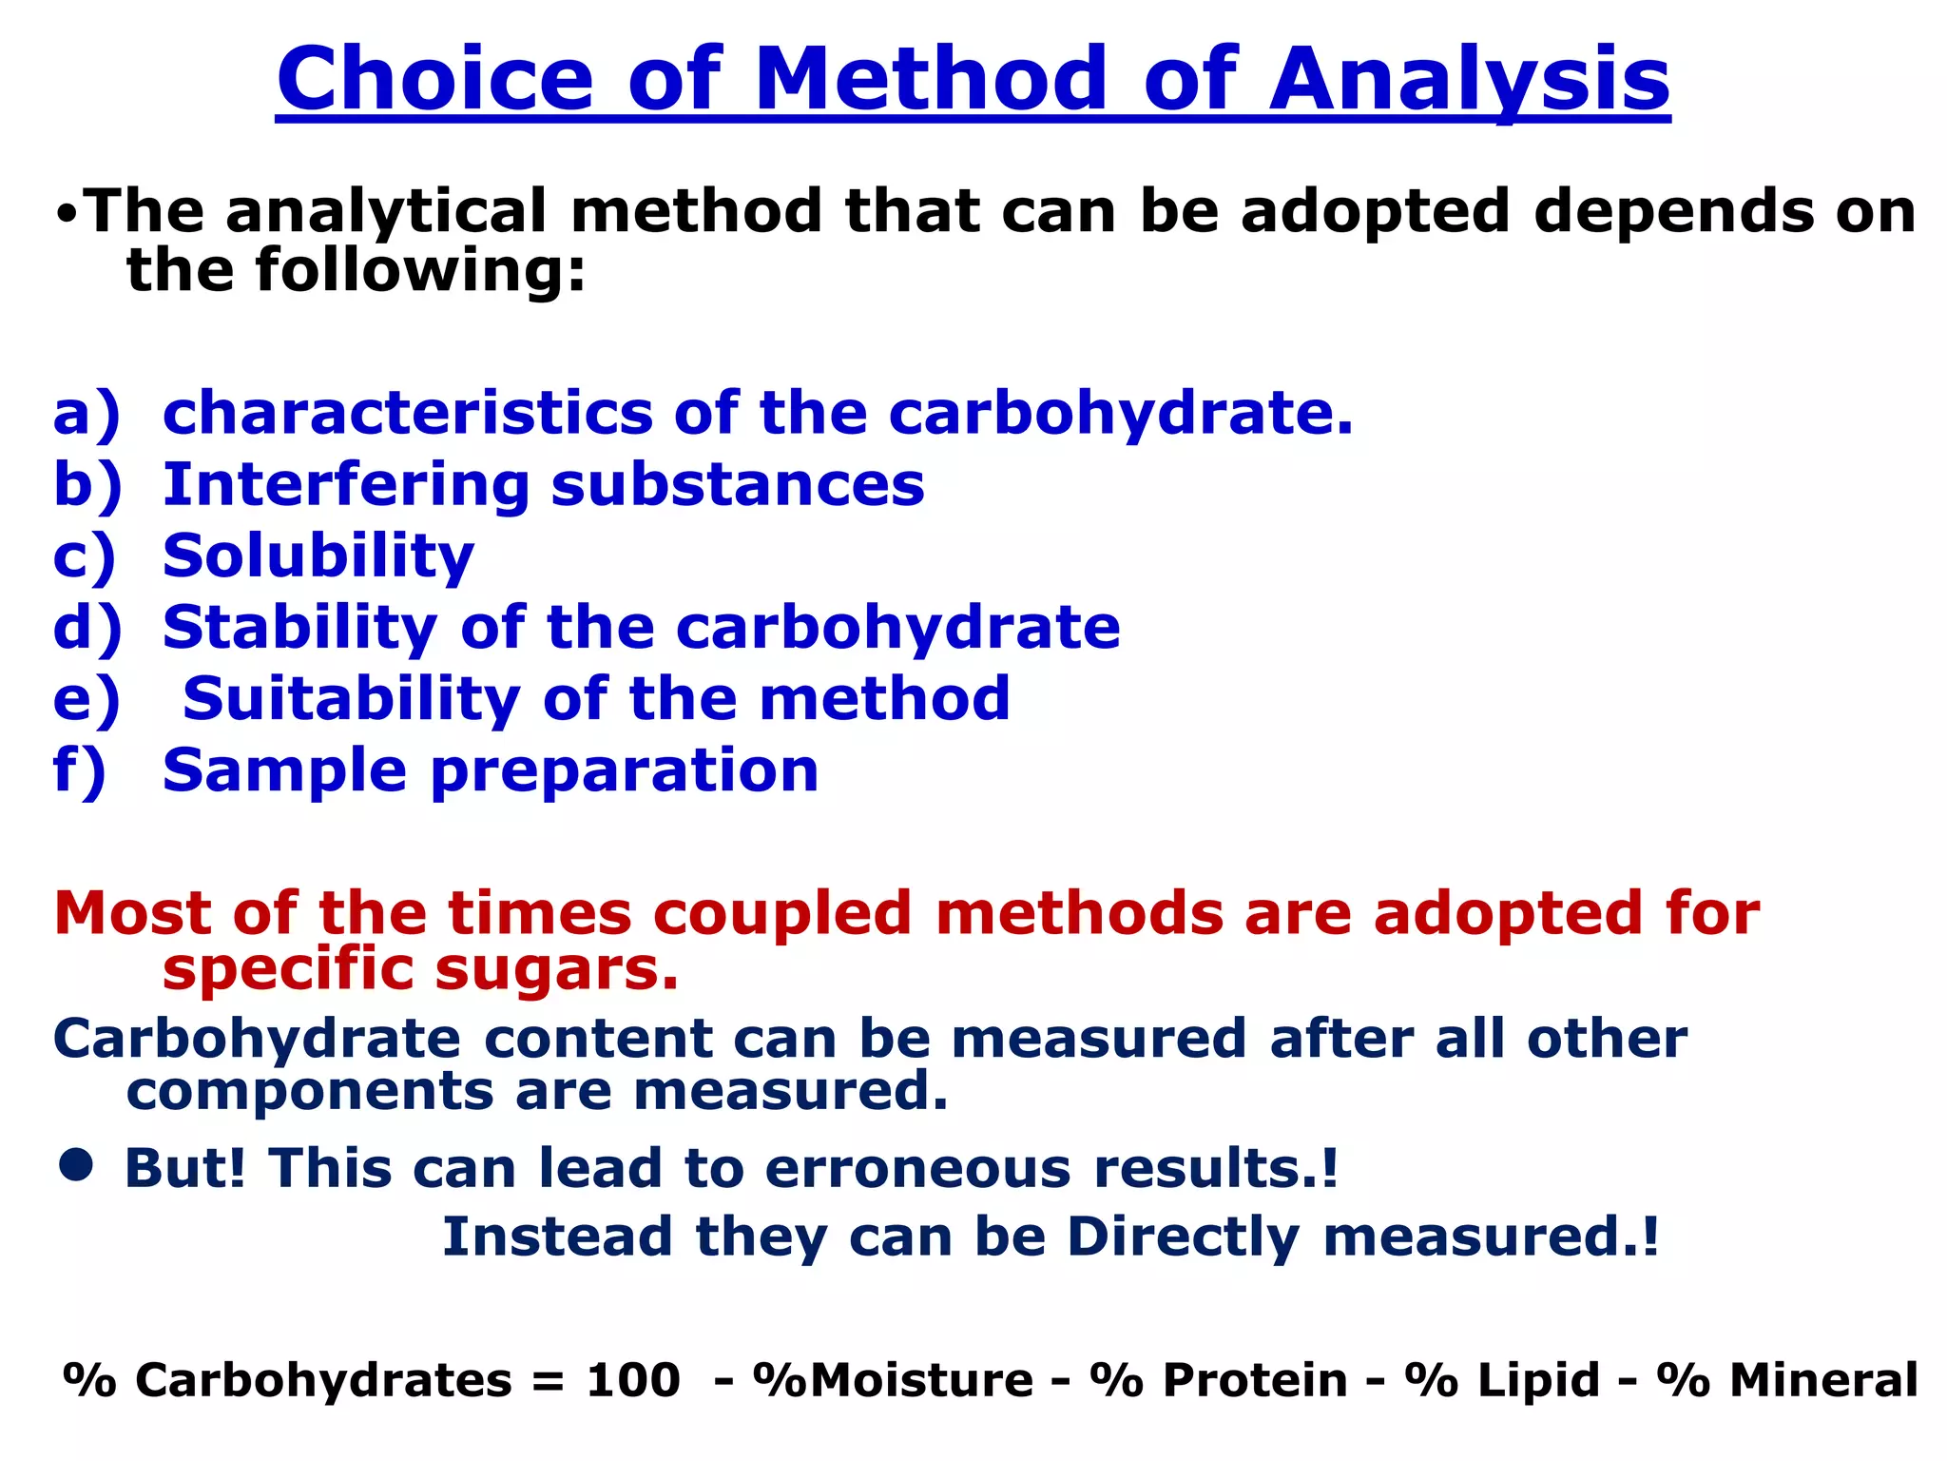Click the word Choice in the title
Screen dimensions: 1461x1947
click(435, 80)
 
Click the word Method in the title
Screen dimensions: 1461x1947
click(931, 80)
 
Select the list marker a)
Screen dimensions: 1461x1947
click(87, 415)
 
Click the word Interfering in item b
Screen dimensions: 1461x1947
click(346, 485)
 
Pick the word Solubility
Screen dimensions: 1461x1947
click(318, 556)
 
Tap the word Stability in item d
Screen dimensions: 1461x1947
click(299, 628)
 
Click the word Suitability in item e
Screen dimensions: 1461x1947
click(351, 699)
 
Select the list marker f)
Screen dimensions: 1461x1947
click(80, 770)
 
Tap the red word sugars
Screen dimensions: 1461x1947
click(556, 971)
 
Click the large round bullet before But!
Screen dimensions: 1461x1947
click(76, 1164)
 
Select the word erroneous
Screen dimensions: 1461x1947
click(917, 1168)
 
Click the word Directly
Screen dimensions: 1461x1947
click(1183, 1237)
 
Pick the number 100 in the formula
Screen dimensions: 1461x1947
click(633, 1380)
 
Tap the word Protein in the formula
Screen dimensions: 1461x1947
click(1255, 1380)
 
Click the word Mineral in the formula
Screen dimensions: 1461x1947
click(1822, 1380)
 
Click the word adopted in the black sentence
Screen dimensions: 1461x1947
click(1375, 212)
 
